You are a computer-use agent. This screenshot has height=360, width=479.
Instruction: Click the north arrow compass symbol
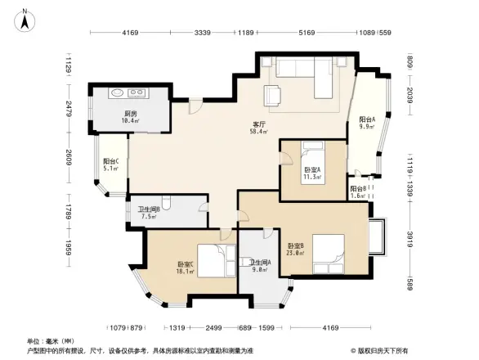coord(25,18)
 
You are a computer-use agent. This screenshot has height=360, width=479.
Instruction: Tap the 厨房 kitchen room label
coord(131,115)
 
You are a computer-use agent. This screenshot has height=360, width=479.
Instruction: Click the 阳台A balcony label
coord(367,119)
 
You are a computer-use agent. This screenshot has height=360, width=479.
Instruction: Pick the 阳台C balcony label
coord(110,161)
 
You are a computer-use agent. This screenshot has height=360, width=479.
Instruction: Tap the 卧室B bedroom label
coord(296,245)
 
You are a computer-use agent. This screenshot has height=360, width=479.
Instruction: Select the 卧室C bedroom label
coord(185,264)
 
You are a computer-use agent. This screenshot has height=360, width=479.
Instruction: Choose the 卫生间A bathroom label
coord(261,262)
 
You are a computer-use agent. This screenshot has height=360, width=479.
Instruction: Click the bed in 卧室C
coord(211,262)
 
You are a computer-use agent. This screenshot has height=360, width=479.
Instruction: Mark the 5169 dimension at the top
coord(307,33)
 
